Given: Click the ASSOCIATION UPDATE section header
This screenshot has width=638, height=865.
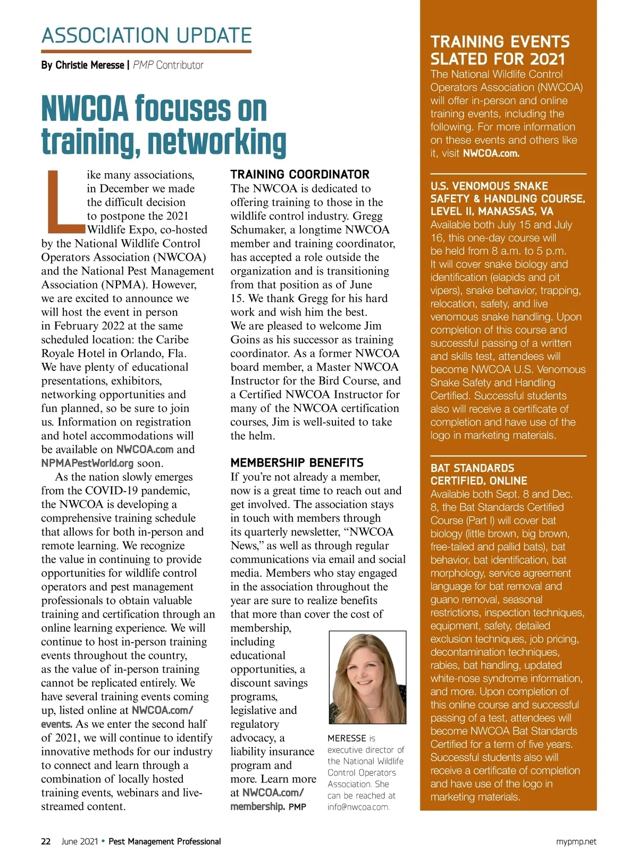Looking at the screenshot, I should [x=146, y=36].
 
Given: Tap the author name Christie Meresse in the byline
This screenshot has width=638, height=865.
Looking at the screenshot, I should [x=89, y=65].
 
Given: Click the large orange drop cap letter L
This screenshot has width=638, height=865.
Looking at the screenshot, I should [x=63, y=202].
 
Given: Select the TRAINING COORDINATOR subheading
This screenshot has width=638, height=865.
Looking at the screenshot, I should [x=299, y=174].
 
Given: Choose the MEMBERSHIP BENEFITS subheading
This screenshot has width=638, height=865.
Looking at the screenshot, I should [x=297, y=463].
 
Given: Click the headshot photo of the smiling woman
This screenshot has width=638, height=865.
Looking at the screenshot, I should [x=367, y=677].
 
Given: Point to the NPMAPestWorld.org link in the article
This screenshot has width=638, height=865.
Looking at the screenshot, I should [x=87, y=463].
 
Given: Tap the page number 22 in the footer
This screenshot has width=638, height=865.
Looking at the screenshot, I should [x=46, y=842].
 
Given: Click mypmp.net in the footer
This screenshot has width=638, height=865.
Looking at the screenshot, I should [x=576, y=842].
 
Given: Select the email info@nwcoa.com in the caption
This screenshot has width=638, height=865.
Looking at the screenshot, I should [x=358, y=807].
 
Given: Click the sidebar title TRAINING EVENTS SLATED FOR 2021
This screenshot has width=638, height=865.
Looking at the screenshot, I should [x=500, y=50].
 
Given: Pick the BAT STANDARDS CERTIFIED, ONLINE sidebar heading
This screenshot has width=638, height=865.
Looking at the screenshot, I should [x=478, y=474].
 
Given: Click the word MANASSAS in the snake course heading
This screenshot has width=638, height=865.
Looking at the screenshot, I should [x=508, y=211].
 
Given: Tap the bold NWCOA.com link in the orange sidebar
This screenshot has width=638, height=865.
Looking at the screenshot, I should [x=491, y=154].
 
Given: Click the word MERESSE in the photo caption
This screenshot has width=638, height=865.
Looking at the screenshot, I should [x=347, y=738].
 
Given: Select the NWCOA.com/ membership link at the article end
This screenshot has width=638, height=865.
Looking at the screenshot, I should [x=267, y=800].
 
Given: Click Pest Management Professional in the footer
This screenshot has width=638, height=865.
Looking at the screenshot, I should [x=164, y=842].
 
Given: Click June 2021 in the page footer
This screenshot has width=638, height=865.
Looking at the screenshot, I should [x=79, y=842].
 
